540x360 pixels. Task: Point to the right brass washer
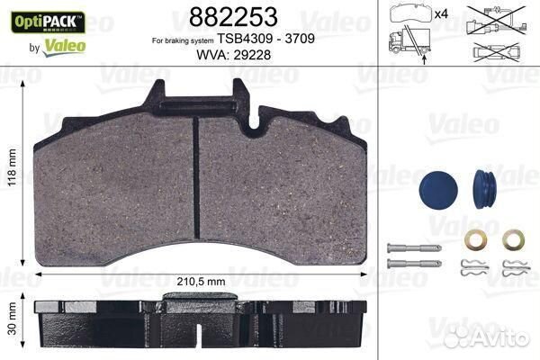514,240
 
